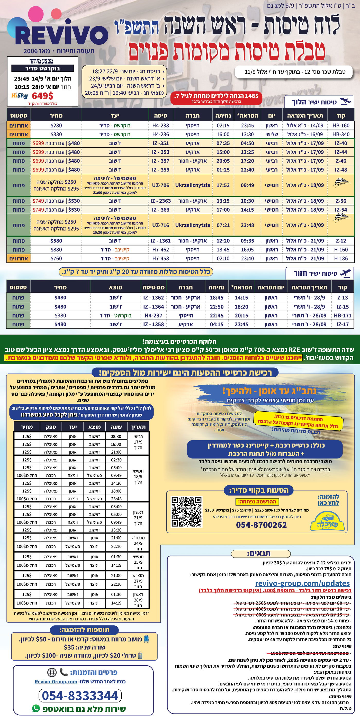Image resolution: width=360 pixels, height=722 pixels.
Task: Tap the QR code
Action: tap(186, 511)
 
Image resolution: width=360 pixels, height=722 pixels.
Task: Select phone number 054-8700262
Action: tap(261, 525)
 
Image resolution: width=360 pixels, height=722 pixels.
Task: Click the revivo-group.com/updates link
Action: tap(302, 583)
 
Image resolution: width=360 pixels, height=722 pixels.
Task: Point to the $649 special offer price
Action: tap(42, 96)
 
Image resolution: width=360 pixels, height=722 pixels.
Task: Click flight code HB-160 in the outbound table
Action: tap(341, 125)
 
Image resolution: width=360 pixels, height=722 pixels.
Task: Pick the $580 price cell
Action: tap(56, 241)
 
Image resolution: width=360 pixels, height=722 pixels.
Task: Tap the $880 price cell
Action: tap(56, 250)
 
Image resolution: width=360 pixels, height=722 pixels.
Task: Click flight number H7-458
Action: tap(161, 258)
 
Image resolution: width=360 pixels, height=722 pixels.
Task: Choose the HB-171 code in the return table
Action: tap(342, 315)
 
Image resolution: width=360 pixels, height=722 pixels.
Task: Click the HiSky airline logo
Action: tap(20, 96)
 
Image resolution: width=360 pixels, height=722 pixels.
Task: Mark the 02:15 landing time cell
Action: tap(223, 125)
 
